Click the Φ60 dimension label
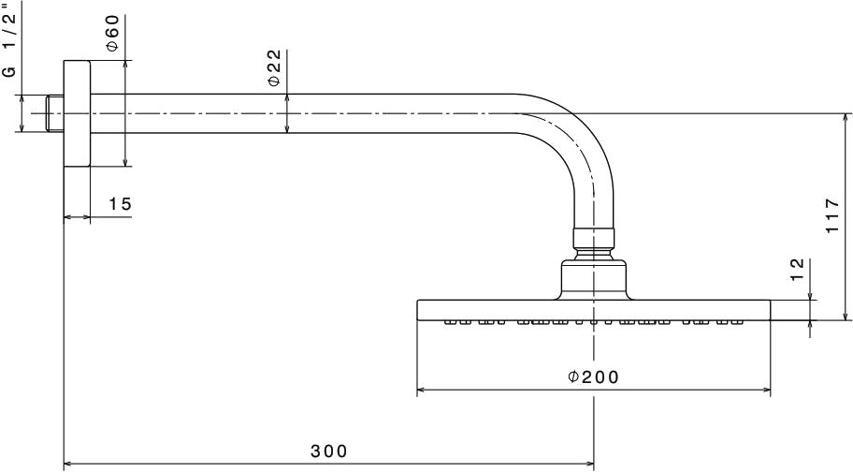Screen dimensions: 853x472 click(x=112, y=33)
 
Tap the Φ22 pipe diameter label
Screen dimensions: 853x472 click(x=275, y=67)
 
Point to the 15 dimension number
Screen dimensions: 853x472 click(x=121, y=204)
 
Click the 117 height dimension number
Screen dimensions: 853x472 click(x=832, y=216)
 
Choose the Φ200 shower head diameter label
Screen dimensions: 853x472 click(x=593, y=376)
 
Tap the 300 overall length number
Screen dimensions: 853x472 click(x=328, y=451)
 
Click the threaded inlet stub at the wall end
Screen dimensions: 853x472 click(x=55, y=113)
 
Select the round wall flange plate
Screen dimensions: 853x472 click(x=77, y=113)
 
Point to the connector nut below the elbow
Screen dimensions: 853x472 click(x=594, y=239)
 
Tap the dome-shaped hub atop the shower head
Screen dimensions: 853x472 click(x=594, y=279)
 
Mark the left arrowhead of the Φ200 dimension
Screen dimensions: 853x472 click(x=421, y=390)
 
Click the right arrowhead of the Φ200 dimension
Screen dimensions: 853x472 click(x=767, y=390)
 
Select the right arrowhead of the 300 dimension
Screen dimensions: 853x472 click(x=589, y=464)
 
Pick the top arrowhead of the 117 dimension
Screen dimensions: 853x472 click(x=846, y=118)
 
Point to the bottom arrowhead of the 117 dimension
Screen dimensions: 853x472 click(x=846, y=316)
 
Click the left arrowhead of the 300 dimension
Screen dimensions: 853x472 click(x=68, y=464)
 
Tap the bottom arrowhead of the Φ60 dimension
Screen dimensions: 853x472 click(x=125, y=162)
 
